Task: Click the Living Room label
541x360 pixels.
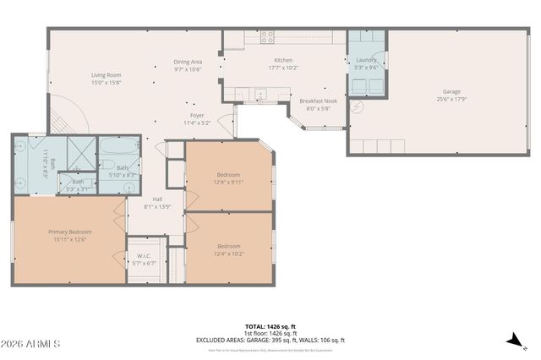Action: coord(107,75)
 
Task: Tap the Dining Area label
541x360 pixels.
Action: coord(188,62)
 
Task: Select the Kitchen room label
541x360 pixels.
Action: coord(282,60)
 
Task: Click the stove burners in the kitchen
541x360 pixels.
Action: coord(267,36)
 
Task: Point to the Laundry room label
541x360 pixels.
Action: coord(366,60)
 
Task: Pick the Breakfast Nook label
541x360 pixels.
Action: coord(318,101)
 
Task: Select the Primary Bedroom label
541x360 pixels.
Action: coord(69,232)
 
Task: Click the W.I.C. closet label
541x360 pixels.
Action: coord(144,257)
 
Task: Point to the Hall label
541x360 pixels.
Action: coord(157,199)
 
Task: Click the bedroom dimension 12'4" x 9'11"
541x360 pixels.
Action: coord(228,182)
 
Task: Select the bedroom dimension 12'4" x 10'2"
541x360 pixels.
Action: coord(228,253)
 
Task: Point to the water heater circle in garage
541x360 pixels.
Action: coord(357,107)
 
